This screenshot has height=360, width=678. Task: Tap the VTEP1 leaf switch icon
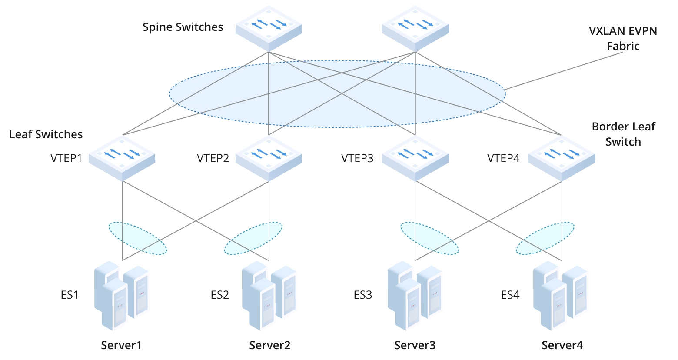[122, 157]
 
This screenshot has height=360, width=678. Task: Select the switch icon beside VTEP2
[269, 157]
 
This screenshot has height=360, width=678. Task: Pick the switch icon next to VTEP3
[415, 157]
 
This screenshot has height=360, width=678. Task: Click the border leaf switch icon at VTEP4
[562, 157]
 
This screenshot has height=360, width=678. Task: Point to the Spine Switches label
[183, 27]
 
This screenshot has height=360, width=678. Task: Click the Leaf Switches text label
[46, 134]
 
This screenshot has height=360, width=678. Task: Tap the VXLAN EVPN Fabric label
[623, 38]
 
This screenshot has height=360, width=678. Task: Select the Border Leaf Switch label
[623, 134]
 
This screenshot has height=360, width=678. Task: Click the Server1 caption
[121, 345]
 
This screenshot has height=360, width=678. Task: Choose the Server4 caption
[562, 345]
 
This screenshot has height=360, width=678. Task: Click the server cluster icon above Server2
[269, 296]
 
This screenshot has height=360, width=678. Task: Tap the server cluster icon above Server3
[415, 296]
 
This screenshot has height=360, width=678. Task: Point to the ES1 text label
[70, 295]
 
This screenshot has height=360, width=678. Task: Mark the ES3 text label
[362, 295]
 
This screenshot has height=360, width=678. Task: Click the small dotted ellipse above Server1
[137, 238]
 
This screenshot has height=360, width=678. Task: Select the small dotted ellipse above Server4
[545, 238]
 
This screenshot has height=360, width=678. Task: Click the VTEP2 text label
[213, 158]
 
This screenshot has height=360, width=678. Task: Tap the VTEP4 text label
[503, 158]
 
